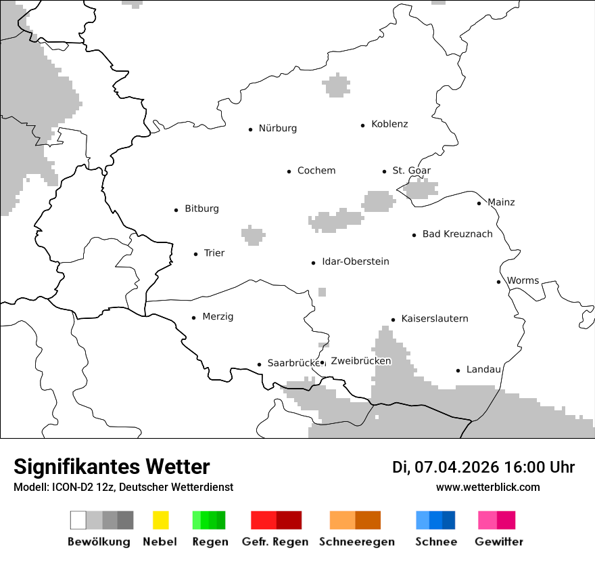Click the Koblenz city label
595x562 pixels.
tap(389, 124)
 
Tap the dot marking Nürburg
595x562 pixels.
tap(250, 129)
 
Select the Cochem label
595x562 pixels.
tap(316, 171)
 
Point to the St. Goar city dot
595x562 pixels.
tap(385, 171)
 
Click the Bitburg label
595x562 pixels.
tap(201, 209)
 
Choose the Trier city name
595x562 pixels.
tap(214, 253)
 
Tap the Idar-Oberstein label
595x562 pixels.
tap(356, 261)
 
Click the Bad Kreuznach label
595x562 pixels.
tap(458, 234)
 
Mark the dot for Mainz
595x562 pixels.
tap(479, 203)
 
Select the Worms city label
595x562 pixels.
tap(523, 280)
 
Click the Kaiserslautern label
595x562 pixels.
tap(435, 318)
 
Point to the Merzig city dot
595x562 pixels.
tap(194, 317)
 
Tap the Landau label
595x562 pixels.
tap(483, 370)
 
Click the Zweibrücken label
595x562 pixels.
tap(361, 361)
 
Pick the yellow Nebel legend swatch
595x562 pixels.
tap(160, 520)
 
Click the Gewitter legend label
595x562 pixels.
tap(499, 542)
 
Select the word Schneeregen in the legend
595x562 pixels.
tap(357, 542)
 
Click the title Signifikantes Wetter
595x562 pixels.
tap(112, 467)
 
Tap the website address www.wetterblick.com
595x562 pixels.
tap(488, 487)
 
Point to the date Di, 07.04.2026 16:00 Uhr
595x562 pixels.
tap(483, 467)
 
